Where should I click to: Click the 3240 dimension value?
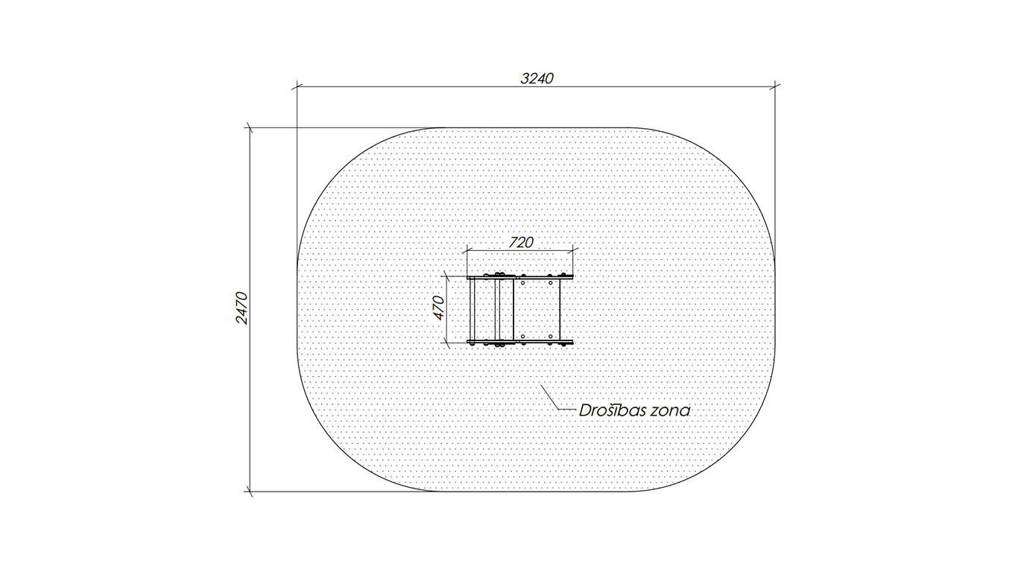click(537, 79)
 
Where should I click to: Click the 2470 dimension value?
click(241, 308)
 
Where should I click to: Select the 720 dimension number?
click(520, 243)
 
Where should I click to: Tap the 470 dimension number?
click(438, 308)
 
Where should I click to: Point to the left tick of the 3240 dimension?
click(297, 86)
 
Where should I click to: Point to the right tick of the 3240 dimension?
click(775, 86)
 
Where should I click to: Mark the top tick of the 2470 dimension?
click(250, 127)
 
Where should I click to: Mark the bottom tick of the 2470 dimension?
click(250, 491)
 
